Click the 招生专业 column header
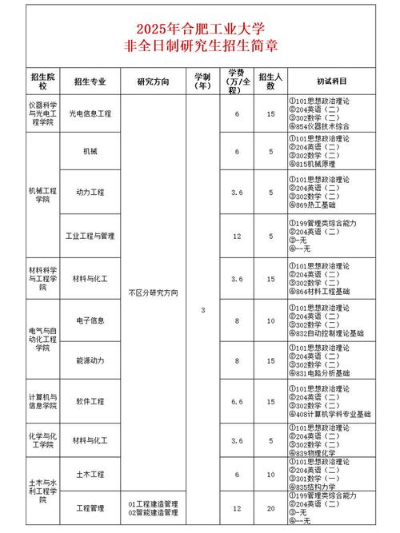[x=91, y=81]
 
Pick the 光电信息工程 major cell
[x=90, y=114]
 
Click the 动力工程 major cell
[x=90, y=193]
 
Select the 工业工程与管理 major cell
[x=90, y=236]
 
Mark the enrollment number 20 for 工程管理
[x=271, y=508]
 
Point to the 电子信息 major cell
[x=90, y=320]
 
